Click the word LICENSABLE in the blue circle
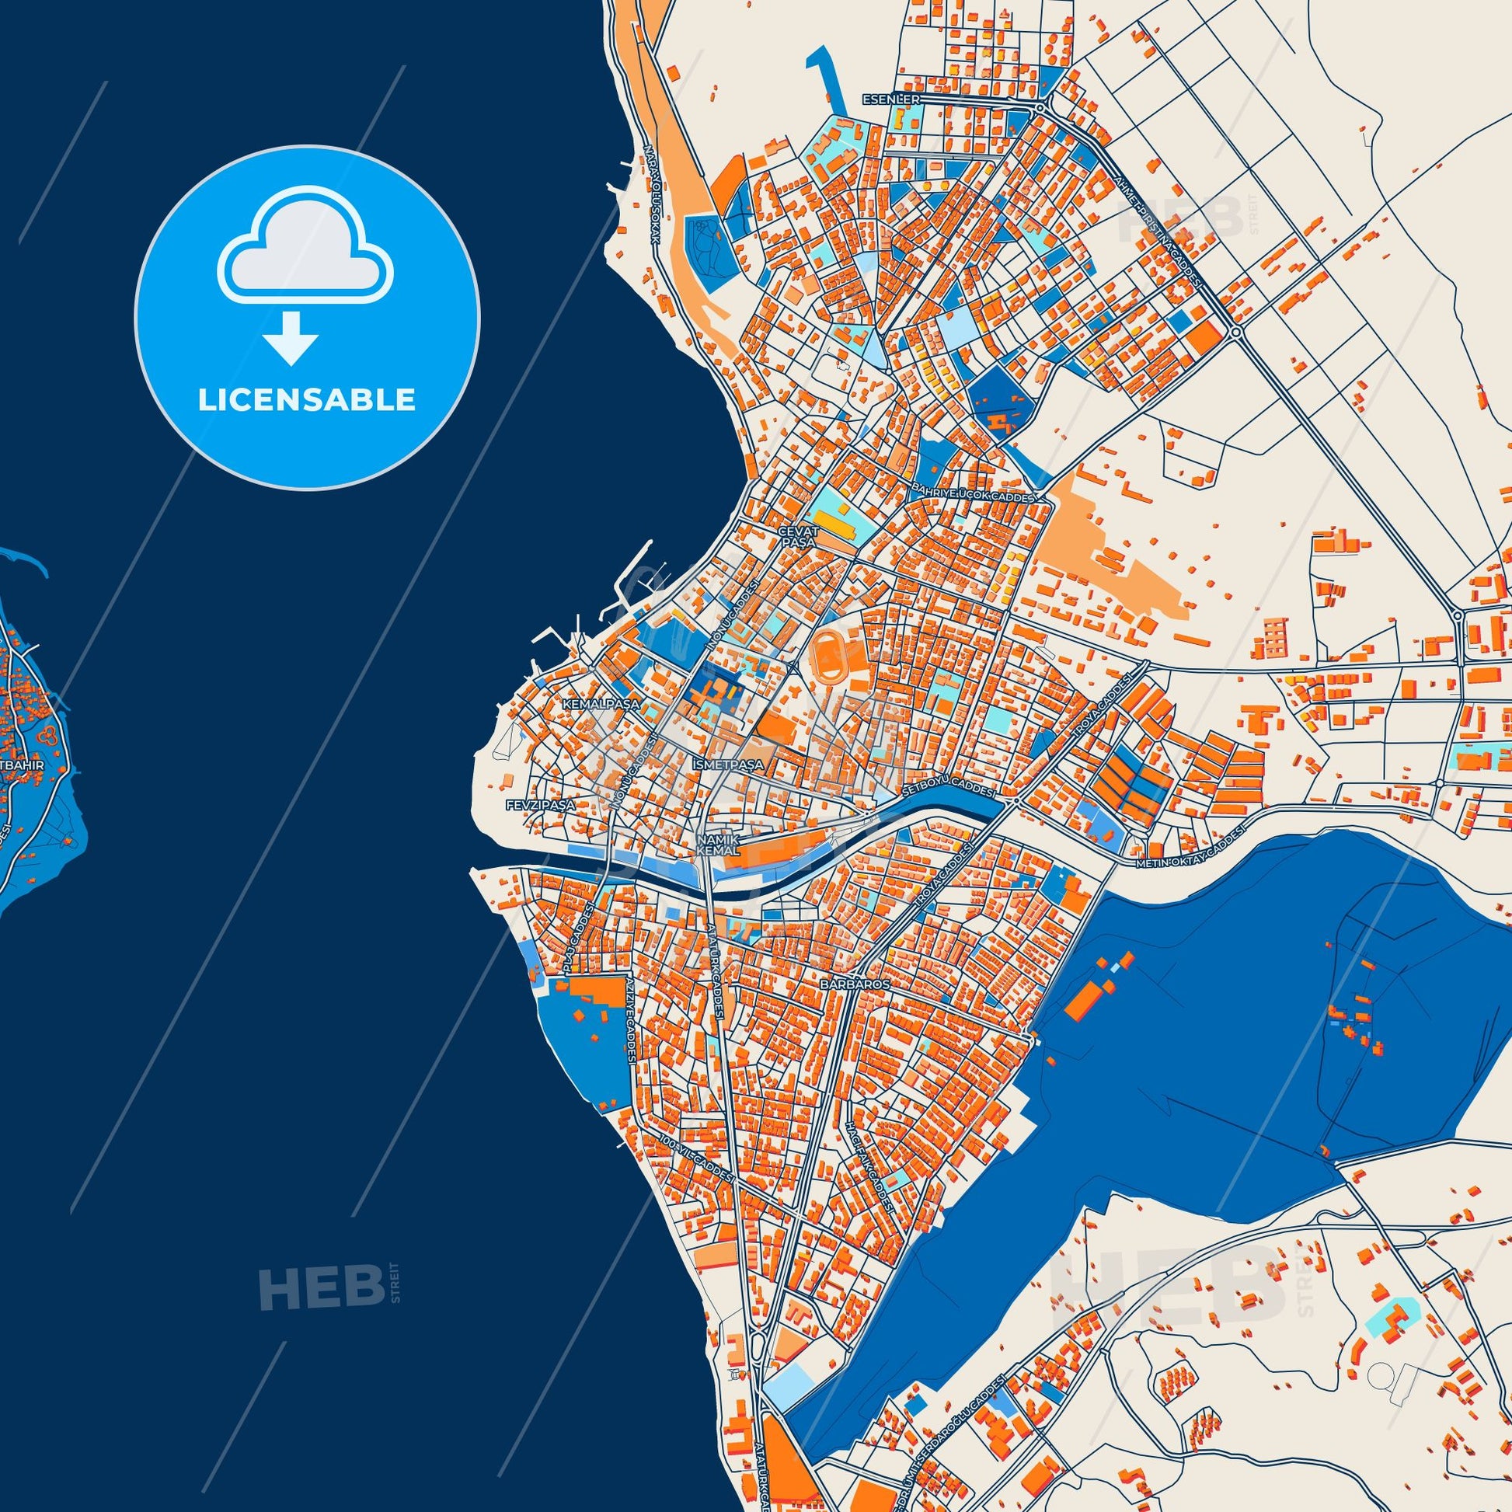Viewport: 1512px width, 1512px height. [306, 400]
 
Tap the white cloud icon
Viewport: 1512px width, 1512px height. [306, 244]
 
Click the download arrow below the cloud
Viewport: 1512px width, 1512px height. [291, 337]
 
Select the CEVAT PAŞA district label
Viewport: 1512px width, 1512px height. [797, 535]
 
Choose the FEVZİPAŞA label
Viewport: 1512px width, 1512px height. [540, 803]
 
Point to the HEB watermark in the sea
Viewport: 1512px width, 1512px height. [320, 982]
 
